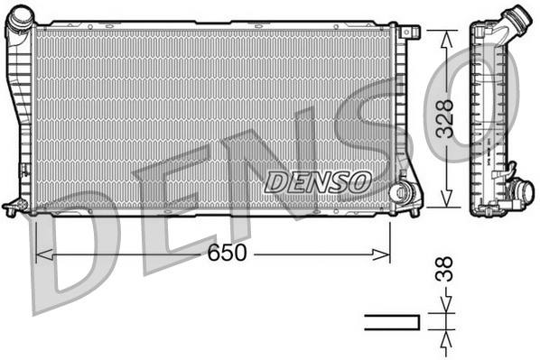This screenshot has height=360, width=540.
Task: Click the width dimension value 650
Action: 226,254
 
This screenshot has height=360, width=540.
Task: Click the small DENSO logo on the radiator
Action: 318,181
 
